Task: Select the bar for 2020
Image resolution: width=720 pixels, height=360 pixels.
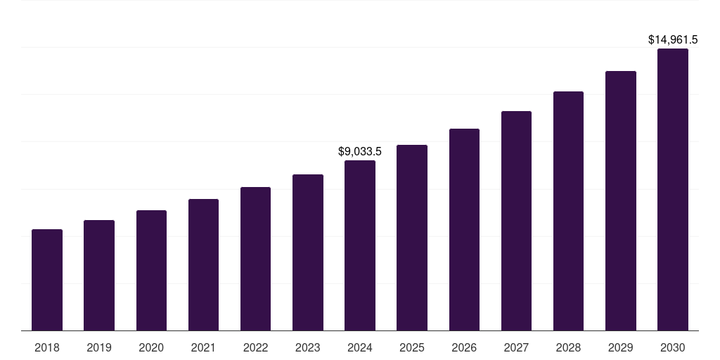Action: tap(151, 271)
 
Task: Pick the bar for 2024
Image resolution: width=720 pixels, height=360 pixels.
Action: tap(360, 245)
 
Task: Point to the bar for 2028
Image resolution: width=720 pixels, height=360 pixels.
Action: tap(568, 211)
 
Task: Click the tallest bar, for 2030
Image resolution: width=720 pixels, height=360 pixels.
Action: tap(673, 190)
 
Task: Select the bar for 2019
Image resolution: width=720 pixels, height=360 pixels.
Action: tap(99, 276)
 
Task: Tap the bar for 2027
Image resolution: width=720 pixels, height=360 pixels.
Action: tap(516, 221)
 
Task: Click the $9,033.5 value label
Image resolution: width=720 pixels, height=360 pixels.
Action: tap(360, 151)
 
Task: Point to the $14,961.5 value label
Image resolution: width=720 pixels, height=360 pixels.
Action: tap(673, 40)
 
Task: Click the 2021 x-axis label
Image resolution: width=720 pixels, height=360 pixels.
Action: tap(203, 347)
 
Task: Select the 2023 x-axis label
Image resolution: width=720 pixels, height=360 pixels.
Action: tap(307, 347)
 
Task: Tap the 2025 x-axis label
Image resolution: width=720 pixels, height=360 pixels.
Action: tap(412, 347)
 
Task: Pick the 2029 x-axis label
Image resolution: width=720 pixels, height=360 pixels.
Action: tap(620, 347)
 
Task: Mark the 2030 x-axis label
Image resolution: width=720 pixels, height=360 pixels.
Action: tap(673, 347)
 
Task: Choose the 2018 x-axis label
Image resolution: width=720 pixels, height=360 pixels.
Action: tap(47, 347)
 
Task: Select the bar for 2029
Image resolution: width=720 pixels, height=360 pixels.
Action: tap(620, 201)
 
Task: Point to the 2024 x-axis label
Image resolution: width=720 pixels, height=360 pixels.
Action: tap(360, 347)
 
